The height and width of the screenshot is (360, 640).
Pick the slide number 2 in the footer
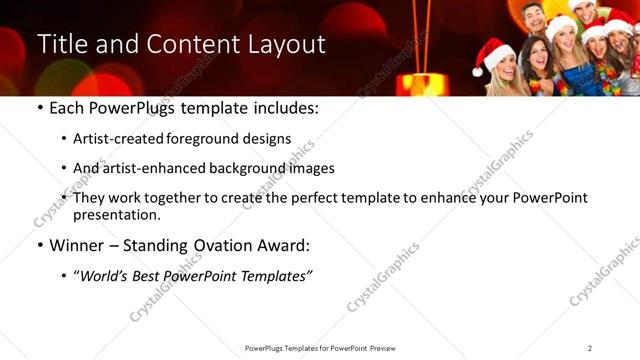[590, 348]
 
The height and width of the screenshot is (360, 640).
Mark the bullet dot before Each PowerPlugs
[39, 108]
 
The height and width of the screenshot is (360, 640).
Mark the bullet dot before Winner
[39, 245]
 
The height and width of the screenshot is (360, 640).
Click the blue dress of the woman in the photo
[575, 80]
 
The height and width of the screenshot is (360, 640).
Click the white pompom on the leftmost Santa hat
[481, 72]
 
